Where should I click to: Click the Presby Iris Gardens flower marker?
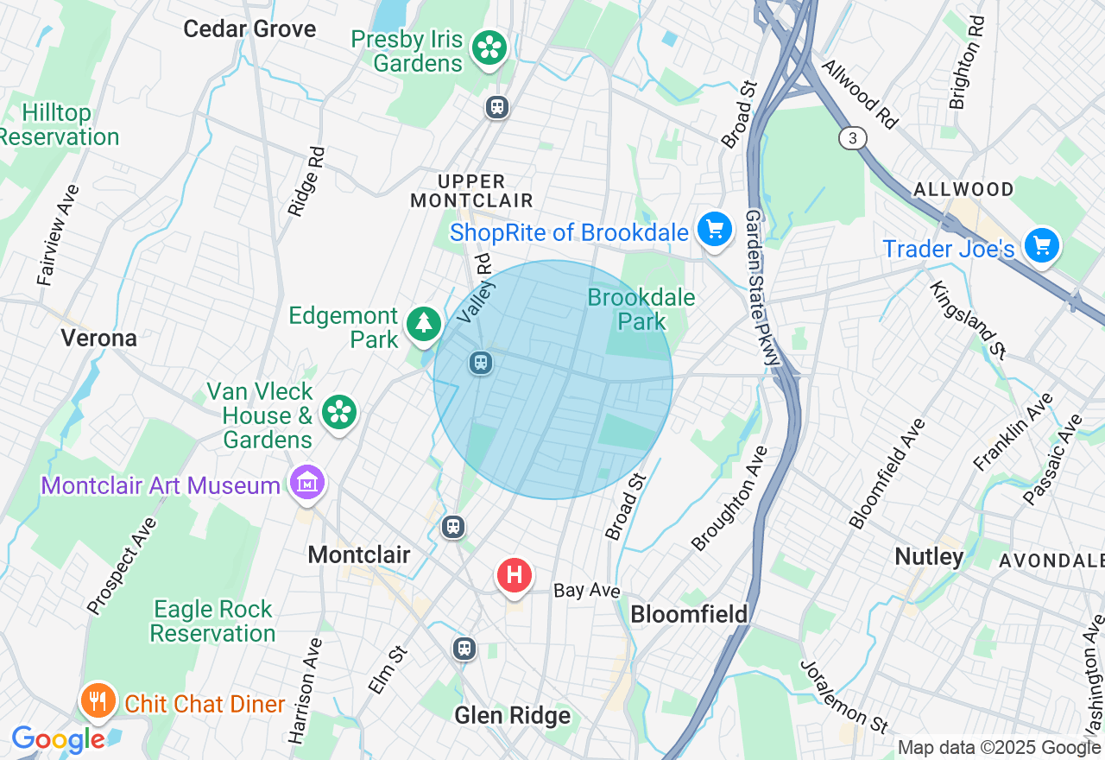[489, 48]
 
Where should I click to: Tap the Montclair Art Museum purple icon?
[307, 484]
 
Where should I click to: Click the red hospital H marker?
[515, 574]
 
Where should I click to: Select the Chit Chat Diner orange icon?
[98, 701]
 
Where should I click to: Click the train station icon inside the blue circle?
[481, 363]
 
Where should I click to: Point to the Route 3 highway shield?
[852, 138]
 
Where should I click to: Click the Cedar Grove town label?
[249, 28]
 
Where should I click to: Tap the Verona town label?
[98, 338]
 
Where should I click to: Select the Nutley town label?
[929, 556]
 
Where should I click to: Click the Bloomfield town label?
[689, 614]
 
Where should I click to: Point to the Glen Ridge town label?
[513, 715]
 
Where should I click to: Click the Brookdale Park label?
[641, 309]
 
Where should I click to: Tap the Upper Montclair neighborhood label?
[470, 191]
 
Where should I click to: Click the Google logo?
[58, 739]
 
